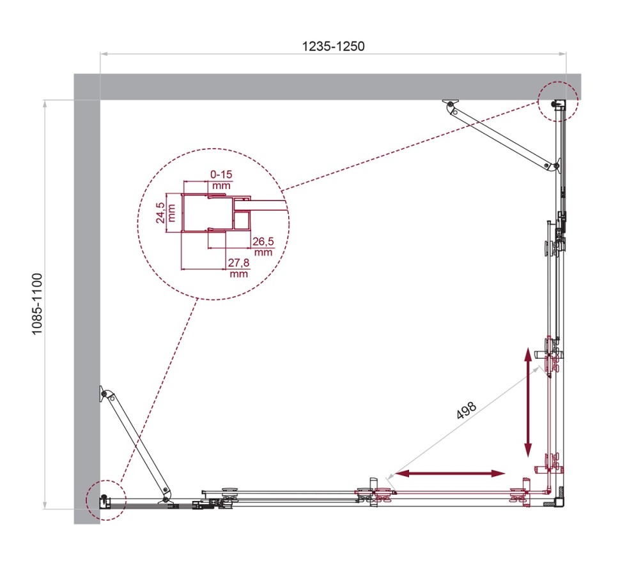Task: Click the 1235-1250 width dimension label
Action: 332,47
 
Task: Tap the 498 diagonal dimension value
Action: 466,410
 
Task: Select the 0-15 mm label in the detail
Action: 220,179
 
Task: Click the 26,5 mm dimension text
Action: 263,246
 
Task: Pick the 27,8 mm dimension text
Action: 238,268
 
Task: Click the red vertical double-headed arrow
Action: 528,402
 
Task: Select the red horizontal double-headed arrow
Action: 450,473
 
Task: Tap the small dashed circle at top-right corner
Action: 557,101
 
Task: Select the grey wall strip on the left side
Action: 87,306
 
